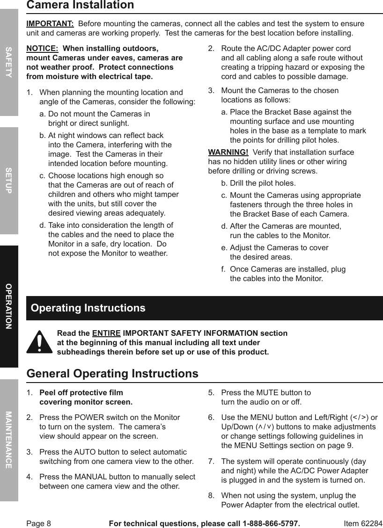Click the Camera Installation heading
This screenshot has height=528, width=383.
pyautogui.click(x=80, y=6)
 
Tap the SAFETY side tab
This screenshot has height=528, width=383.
pyautogui.click(x=9, y=62)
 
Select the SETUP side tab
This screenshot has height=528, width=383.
pyautogui.click(x=9, y=180)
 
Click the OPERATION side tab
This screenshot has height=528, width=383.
pyautogui.click(x=9, y=306)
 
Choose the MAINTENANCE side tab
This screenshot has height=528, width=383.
pyautogui.click(x=9, y=440)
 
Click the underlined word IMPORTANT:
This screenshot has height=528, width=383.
pyautogui.click(x=50, y=24)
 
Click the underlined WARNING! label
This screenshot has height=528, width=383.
pyautogui.click(x=228, y=152)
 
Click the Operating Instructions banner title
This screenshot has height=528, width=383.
pyautogui.click(x=88, y=308)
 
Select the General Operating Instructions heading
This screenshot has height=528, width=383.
pyautogui.click(x=112, y=374)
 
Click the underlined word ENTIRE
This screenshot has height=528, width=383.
pyautogui.click(x=106, y=333)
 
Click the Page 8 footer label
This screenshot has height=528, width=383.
pyautogui.click(x=38, y=523)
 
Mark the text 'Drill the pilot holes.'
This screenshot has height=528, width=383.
pyautogui.click(x=263, y=183)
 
